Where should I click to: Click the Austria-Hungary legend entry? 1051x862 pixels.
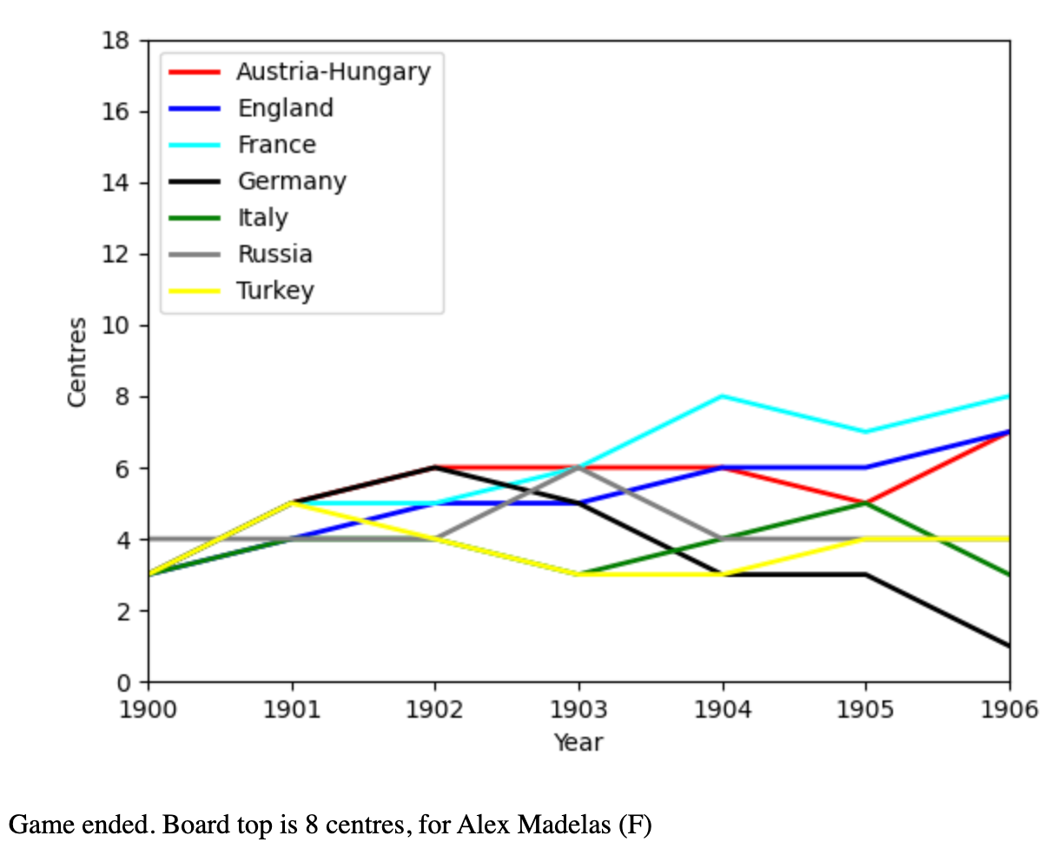tap(334, 71)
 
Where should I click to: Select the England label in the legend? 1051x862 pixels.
tap(286, 108)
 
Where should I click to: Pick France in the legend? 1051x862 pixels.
tap(277, 144)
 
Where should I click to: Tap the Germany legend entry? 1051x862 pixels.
tap(292, 181)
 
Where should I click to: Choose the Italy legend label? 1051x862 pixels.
tap(263, 217)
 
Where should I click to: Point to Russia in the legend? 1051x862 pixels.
tap(275, 254)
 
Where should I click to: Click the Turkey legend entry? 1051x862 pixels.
tap(275, 290)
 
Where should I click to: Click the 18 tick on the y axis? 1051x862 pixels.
tap(116, 41)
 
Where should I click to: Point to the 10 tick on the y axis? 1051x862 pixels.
tap(116, 326)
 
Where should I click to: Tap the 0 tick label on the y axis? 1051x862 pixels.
tap(123, 682)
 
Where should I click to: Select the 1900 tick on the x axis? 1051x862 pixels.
tap(148, 709)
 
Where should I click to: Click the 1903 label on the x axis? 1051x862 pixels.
tap(578, 709)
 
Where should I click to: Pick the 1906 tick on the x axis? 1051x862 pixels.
tap(1009, 709)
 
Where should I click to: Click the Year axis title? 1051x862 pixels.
tap(578, 742)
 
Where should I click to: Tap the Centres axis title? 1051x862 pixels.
tap(77, 361)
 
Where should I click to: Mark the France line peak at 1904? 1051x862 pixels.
tap(722, 396)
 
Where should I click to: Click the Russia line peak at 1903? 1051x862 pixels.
tap(578, 467)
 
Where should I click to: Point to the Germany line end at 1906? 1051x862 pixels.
tap(1008, 646)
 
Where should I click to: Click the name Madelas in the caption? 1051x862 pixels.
tap(565, 824)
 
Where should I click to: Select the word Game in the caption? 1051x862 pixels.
tap(36, 824)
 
